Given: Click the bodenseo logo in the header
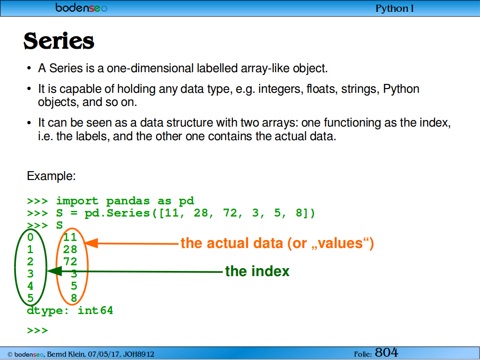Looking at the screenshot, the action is coord(81,7).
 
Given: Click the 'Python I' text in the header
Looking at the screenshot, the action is coord(395,8).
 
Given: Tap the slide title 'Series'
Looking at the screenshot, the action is coord(59,41).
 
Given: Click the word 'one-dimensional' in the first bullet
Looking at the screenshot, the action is coord(150,68).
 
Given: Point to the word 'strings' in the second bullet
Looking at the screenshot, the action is coord(360,89).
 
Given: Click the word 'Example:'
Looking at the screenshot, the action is coord(51,176).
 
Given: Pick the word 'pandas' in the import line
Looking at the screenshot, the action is coord(127,201).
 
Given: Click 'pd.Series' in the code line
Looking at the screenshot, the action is coord(117,213).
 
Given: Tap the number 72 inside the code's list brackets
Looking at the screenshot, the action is coord(230,213).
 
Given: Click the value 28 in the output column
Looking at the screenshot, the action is coord(70,249).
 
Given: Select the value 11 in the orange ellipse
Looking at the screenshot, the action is coord(70,237).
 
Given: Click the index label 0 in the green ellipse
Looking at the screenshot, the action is coord(30,237).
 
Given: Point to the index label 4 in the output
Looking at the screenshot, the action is coord(30,286).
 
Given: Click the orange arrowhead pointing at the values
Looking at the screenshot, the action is coord(90,243).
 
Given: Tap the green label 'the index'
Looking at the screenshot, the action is coord(257,271).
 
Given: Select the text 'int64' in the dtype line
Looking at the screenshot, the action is coord(96,310).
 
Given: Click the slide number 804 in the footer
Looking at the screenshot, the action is coord(387,352).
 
